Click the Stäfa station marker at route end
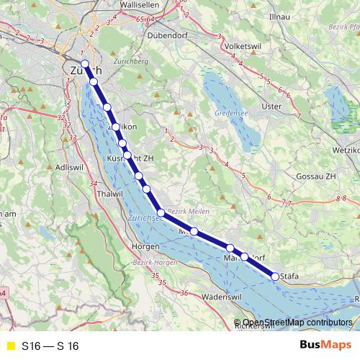coord(275,276)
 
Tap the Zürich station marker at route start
coord(85,64)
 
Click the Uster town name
coord(271,107)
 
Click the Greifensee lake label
coord(232,114)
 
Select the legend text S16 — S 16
coord(50,346)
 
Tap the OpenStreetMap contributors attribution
coord(297,323)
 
